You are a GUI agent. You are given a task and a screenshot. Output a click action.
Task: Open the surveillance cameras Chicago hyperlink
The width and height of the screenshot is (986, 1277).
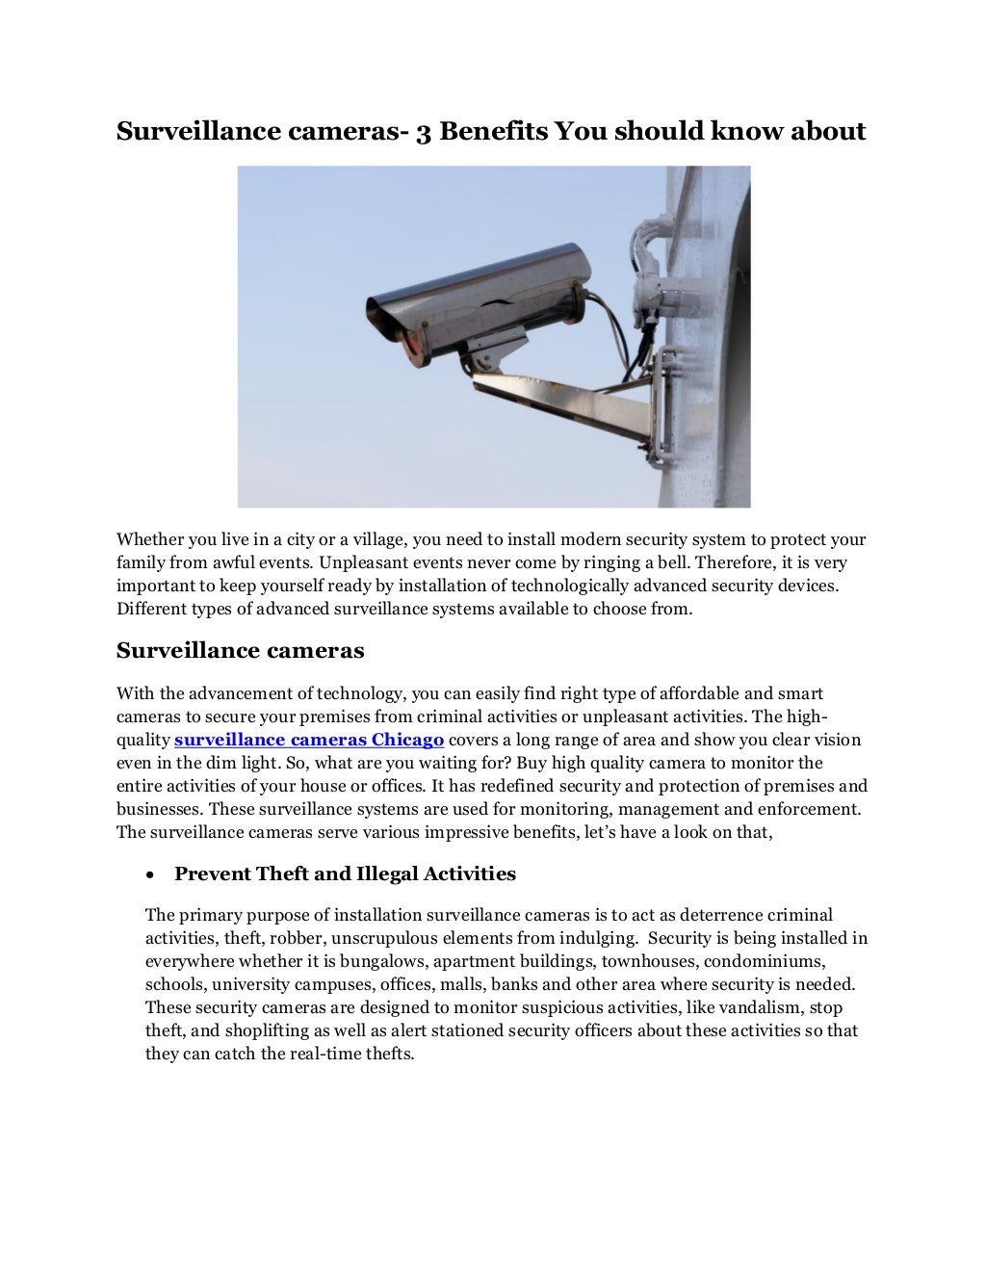pyautogui.click(x=308, y=740)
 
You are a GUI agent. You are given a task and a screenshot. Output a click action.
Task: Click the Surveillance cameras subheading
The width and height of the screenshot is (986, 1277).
pyautogui.click(x=240, y=651)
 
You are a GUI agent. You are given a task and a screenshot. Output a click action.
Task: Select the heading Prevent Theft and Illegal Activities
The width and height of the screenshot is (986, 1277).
pyautogui.click(x=345, y=874)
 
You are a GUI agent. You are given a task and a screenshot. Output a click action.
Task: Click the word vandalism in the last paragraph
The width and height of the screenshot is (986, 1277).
pyautogui.click(x=759, y=1007)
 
